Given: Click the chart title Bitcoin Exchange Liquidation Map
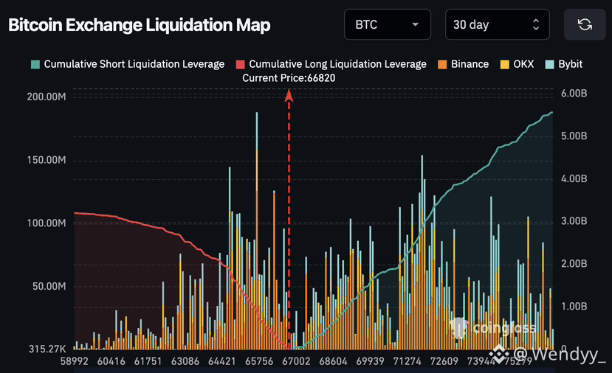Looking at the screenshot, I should [x=140, y=25].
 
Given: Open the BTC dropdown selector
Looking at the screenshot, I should [x=388, y=25].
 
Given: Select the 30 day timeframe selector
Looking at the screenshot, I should [x=497, y=25].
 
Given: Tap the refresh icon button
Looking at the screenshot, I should [x=585, y=25].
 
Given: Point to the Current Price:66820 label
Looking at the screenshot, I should [x=294, y=77].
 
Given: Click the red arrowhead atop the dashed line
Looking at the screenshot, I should [x=289, y=94].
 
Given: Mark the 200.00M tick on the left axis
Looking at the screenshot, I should [x=46, y=97].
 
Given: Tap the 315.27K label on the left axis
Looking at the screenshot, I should [x=46, y=349].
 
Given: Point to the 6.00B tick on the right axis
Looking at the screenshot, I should [x=574, y=94].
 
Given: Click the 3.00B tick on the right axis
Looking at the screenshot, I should [x=574, y=221].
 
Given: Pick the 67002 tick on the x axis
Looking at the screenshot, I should [x=296, y=362].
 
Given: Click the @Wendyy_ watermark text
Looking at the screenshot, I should [x=560, y=355].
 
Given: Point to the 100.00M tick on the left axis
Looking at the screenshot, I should [x=46, y=223].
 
